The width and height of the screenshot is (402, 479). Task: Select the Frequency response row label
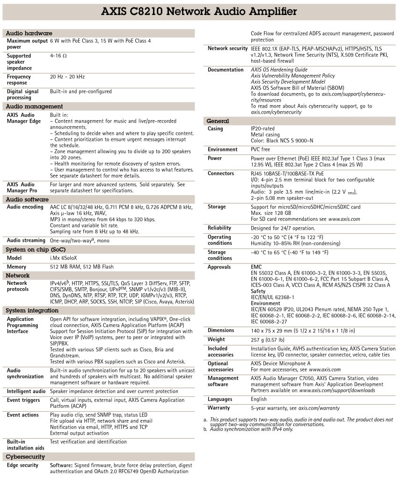click(x=19, y=80)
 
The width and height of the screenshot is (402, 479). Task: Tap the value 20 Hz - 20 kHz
click(x=67, y=77)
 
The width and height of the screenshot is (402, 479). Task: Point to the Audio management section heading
click(x=34, y=106)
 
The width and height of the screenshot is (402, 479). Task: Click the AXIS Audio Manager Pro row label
click(x=21, y=188)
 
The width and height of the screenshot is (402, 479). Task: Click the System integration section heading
click(x=32, y=310)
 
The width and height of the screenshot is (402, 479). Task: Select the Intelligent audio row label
click(x=26, y=391)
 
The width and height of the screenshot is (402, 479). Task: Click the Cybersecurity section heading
click(x=25, y=456)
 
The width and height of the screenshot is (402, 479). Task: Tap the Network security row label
click(x=227, y=49)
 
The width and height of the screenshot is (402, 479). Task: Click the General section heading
click(x=218, y=121)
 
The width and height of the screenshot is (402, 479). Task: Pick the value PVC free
click(x=260, y=149)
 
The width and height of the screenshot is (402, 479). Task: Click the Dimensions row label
click(x=221, y=330)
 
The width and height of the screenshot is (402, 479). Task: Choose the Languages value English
click(x=259, y=399)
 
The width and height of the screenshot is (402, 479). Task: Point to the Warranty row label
click(x=219, y=408)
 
